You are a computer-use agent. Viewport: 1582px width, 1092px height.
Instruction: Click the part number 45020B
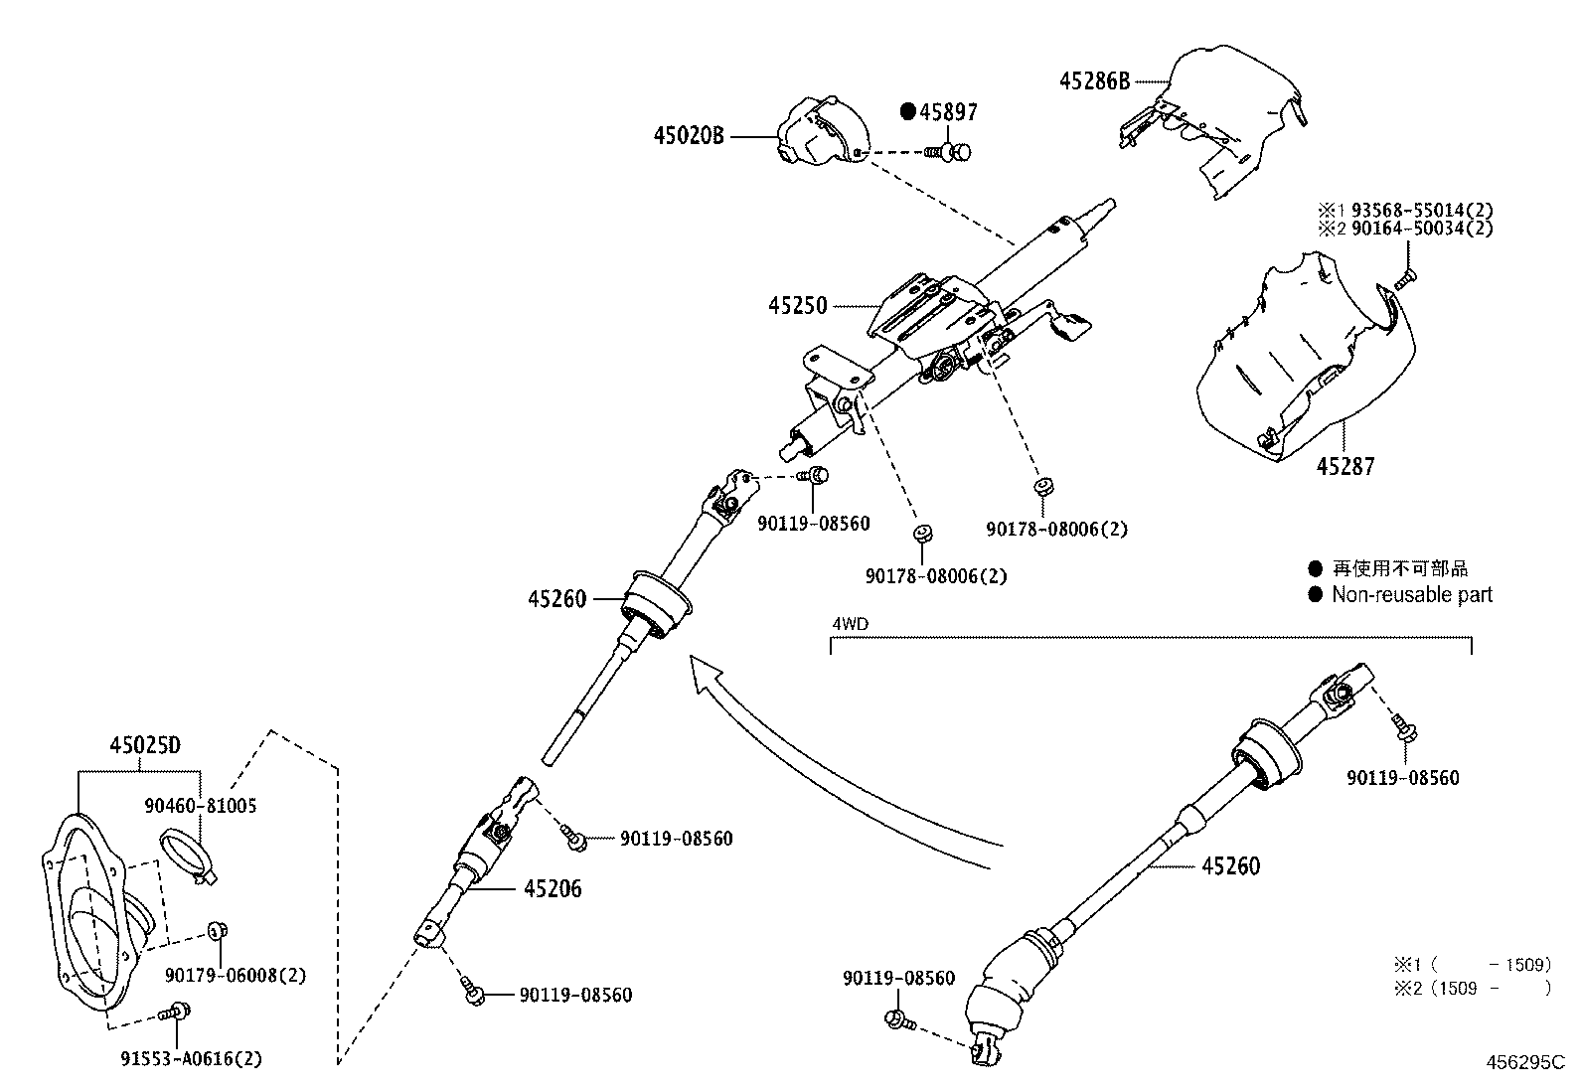(x=688, y=135)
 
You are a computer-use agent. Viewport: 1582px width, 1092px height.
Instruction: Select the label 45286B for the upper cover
(x=1095, y=80)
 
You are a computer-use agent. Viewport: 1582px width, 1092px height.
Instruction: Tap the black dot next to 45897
(x=907, y=112)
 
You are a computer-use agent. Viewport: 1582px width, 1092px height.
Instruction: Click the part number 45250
(x=797, y=305)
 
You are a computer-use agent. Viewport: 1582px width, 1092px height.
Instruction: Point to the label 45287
(x=1346, y=465)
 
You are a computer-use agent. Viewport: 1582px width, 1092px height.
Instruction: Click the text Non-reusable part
(x=1412, y=595)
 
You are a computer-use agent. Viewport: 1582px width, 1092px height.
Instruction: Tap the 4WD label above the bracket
(x=850, y=625)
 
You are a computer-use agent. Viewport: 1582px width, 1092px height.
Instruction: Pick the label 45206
(x=553, y=889)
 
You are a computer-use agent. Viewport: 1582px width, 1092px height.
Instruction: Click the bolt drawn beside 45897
(x=949, y=152)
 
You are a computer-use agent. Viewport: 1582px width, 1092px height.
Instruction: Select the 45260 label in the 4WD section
(x=1230, y=866)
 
